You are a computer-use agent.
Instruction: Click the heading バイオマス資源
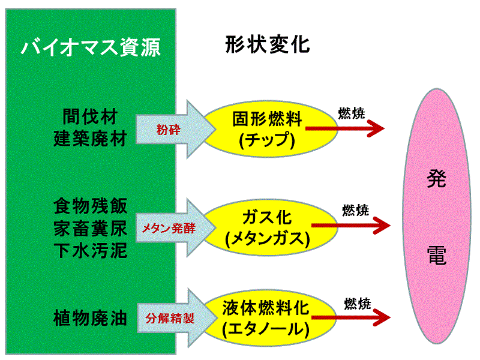click(x=91, y=47)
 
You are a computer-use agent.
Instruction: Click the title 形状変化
click(x=268, y=44)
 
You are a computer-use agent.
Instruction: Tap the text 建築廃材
click(x=90, y=139)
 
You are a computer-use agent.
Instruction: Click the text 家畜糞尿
click(x=90, y=227)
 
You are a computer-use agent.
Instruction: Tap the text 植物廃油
click(x=90, y=317)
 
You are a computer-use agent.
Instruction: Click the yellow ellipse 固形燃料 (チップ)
click(x=265, y=129)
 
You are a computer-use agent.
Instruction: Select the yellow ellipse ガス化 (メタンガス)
click(x=265, y=228)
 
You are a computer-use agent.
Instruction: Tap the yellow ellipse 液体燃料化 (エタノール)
click(x=265, y=318)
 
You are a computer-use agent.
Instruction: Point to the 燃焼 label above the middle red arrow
click(x=356, y=211)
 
